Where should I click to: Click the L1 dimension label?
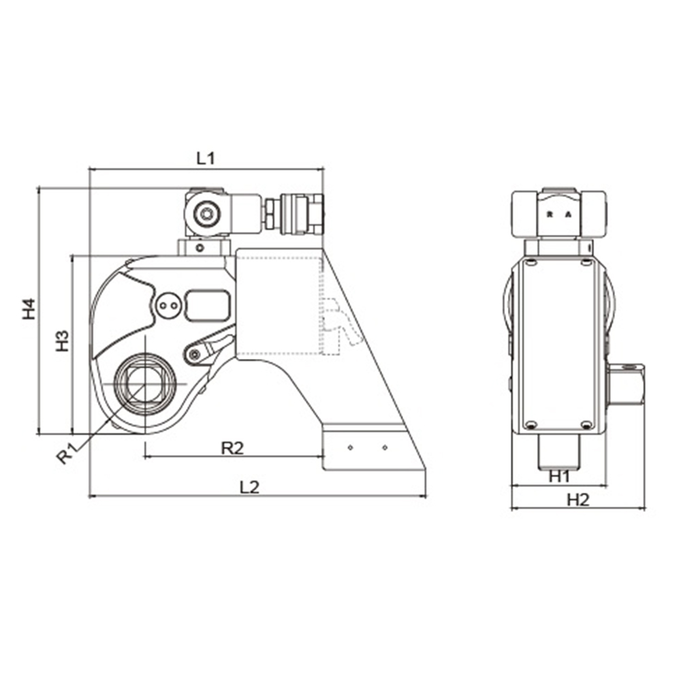[x=206, y=159]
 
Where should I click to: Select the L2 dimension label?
[x=250, y=487]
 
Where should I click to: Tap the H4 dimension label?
[x=29, y=308]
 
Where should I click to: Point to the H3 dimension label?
[x=63, y=341]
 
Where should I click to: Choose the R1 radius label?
[x=68, y=453]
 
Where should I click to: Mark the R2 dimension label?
[x=233, y=448]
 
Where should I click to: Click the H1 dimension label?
[x=559, y=477]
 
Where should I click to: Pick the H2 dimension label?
[x=578, y=500]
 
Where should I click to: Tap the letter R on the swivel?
[x=550, y=214]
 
